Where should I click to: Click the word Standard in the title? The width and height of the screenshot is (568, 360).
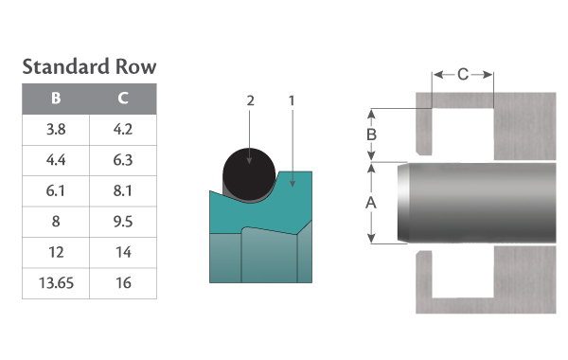click(x=65, y=66)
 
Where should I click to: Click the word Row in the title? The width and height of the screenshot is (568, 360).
click(x=135, y=66)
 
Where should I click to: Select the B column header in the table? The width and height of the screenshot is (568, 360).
click(x=56, y=99)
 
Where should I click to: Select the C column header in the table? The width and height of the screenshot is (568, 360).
click(x=123, y=99)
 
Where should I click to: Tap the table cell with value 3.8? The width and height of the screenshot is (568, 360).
click(x=56, y=130)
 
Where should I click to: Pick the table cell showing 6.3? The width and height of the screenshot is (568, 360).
click(x=123, y=160)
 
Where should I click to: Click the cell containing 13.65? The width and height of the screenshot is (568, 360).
click(x=56, y=283)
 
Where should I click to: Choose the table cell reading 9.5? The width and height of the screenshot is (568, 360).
click(x=123, y=222)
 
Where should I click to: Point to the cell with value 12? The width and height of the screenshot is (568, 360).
click(x=56, y=252)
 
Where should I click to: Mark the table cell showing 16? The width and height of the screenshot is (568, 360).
click(x=123, y=283)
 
